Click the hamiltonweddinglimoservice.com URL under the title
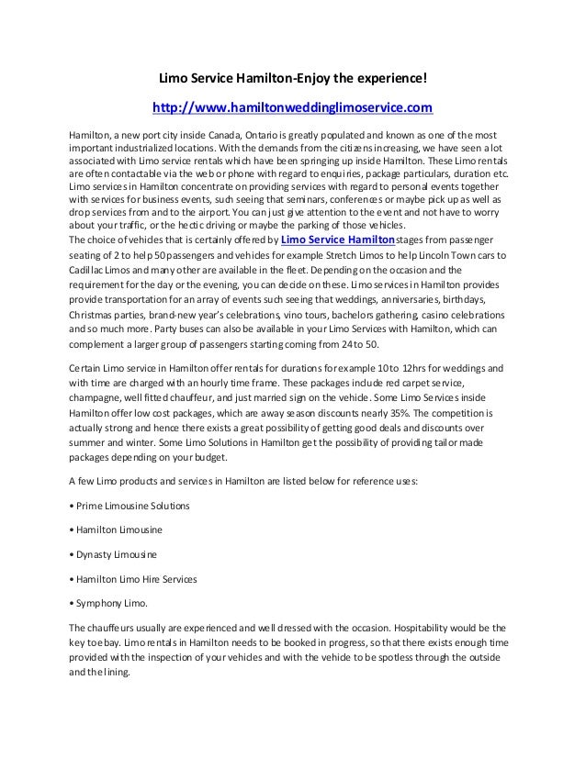[x=291, y=109]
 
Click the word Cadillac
[x=88, y=272]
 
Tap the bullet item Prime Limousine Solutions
[x=133, y=506]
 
